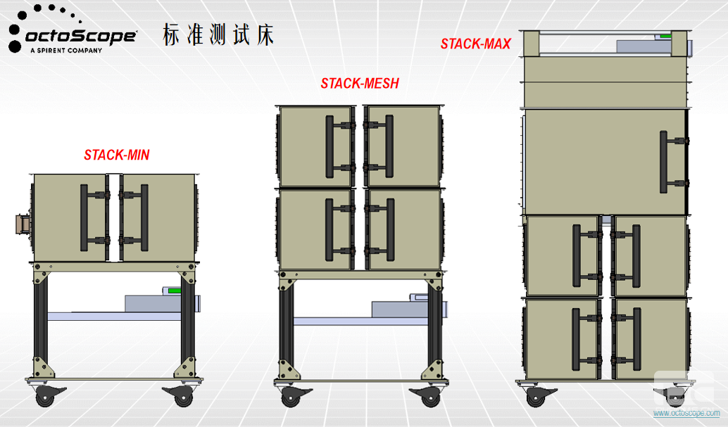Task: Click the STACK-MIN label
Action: (117, 155)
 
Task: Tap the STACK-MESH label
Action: (360, 84)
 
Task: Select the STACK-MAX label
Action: (476, 44)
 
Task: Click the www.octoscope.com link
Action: (686, 413)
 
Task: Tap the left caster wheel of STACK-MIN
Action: (44, 397)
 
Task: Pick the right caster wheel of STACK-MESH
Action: (430, 397)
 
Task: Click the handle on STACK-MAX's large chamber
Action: (664, 162)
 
